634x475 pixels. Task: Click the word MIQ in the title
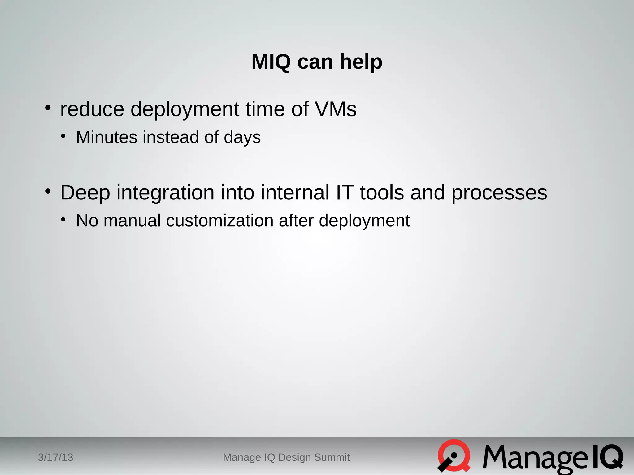pos(271,62)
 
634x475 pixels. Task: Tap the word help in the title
pos(361,62)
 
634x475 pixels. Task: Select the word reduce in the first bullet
pos(92,109)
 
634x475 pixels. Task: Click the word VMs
pos(336,109)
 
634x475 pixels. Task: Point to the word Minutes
pos(106,137)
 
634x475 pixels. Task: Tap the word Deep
pos(85,193)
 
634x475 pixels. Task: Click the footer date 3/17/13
pos(55,457)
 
